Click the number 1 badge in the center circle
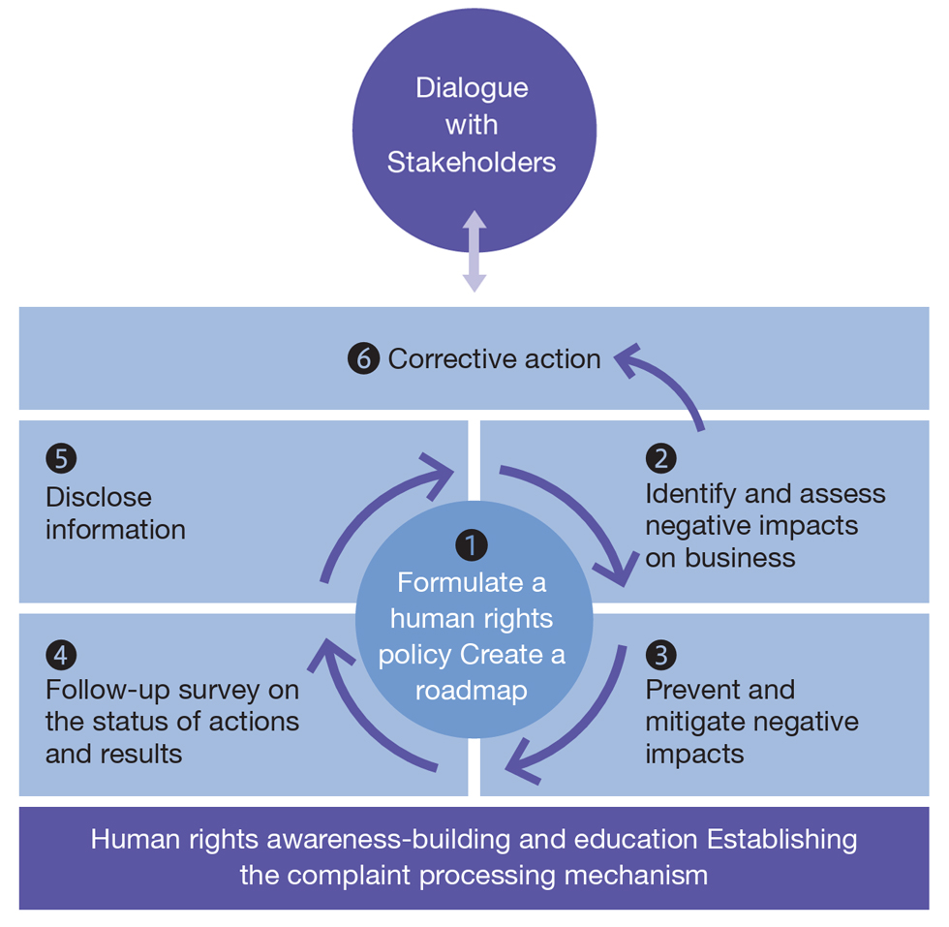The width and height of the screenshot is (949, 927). pyautogui.click(x=472, y=546)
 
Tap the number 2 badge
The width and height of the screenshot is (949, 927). pyautogui.click(x=661, y=458)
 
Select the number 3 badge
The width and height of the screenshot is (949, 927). pyautogui.click(x=661, y=655)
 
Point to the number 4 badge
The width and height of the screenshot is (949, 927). pyautogui.click(x=61, y=655)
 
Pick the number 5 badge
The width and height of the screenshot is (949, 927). pyautogui.click(x=61, y=458)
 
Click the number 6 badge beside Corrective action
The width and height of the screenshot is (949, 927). pyautogui.click(x=363, y=359)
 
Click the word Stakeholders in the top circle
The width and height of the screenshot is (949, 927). pyautogui.click(x=472, y=162)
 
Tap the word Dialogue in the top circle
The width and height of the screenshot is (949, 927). pyautogui.click(x=472, y=87)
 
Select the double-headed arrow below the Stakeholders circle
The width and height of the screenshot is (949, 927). pyautogui.click(x=474, y=251)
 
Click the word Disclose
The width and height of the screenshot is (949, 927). pyautogui.click(x=99, y=497)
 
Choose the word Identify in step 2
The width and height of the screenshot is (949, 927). pyautogui.click(x=689, y=494)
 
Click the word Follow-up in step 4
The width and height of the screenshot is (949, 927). pyautogui.click(x=106, y=690)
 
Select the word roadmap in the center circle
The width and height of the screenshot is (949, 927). pyautogui.click(x=472, y=691)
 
